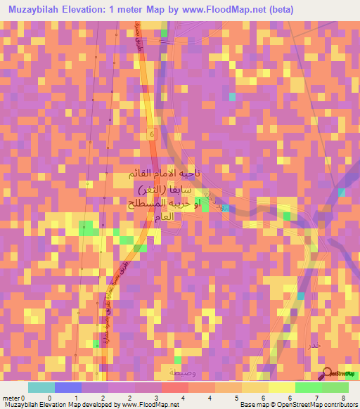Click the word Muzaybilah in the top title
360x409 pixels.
(x=37, y=9)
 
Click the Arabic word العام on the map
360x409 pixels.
(x=172, y=216)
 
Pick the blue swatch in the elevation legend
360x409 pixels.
(x=68, y=387)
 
